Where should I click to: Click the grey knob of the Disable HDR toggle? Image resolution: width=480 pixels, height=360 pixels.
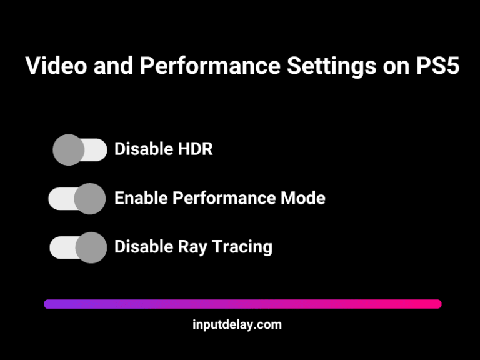pyautogui.click(x=68, y=150)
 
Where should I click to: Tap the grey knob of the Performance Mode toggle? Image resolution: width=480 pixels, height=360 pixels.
pyautogui.click(x=90, y=199)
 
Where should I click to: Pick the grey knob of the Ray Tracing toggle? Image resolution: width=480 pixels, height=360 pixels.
pyautogui.click(x=91, y=247)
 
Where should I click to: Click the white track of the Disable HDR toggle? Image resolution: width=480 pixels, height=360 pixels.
pyautogui.click(x=95, y=150)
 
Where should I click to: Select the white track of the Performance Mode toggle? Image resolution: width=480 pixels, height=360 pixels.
pyautogui.click(x=61, y=199)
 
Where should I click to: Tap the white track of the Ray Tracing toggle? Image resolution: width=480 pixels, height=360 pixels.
pyautogui.click(x=62, y=247)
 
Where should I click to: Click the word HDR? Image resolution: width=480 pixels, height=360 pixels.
pyautogui.click(x=195, y=149)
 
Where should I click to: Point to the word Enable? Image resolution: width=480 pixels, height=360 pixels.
pyautogui.click(x=141, y=198)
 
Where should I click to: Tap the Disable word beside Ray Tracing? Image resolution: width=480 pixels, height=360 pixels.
pyautogui.click(x=141, y=247)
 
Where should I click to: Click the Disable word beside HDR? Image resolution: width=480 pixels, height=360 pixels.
pyautogui.click(x=141, y=149)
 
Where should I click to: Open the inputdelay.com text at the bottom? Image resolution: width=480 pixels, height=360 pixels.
pyautogui.click(x=237, y=324)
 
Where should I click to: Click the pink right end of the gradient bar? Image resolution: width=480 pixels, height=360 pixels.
pyautogui.click(x=435, y=304)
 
